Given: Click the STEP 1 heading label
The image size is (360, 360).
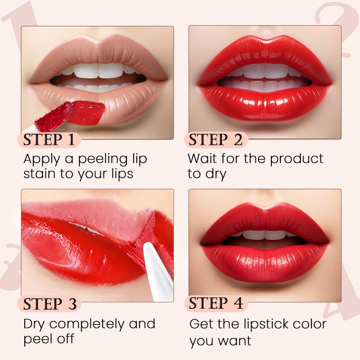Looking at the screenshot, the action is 49,139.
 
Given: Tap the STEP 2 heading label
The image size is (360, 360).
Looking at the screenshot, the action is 216,139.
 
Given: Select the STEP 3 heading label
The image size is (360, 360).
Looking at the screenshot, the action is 50,304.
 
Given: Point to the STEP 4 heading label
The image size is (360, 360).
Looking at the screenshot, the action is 216,303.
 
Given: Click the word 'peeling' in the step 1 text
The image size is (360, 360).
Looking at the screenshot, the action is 103,159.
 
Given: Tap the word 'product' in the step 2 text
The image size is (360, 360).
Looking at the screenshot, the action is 297,159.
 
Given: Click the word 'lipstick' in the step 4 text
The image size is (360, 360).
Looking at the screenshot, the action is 264,324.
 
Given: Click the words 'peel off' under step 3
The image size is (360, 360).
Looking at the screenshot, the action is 49,339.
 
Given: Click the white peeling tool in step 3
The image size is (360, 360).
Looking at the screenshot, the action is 158,272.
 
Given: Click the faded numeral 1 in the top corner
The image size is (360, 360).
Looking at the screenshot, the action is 21,23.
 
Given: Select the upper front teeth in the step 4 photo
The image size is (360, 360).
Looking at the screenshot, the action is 264,234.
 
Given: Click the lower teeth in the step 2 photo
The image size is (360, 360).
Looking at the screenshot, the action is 264,85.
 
